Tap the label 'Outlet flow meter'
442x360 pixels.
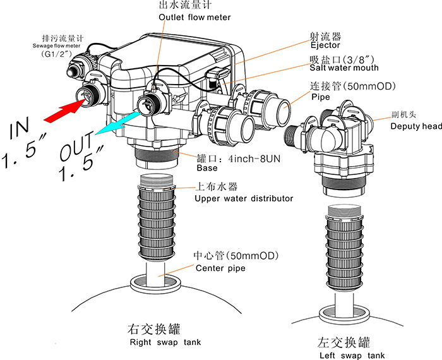coord(195,17)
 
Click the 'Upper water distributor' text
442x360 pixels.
coord(244,198)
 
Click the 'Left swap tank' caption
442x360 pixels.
coord(351,356)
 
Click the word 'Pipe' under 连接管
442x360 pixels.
coord(320,97)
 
